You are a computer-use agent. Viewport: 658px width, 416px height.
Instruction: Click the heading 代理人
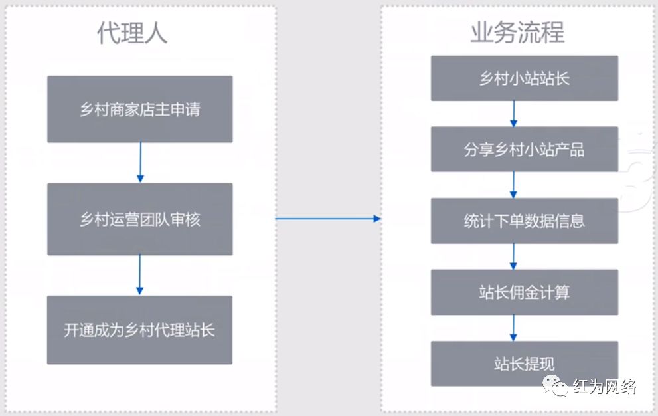point(133,33)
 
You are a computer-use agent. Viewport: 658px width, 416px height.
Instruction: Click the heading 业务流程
point(517,33)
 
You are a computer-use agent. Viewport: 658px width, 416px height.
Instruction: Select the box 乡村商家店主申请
point(139,109)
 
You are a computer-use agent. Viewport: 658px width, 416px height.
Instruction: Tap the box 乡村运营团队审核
point(139,219)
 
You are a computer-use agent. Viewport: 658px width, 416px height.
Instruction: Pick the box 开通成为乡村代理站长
point(139,330)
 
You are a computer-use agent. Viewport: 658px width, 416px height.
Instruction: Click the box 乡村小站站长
point(525,78)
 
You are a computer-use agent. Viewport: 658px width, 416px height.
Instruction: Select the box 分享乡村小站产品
point(525,150)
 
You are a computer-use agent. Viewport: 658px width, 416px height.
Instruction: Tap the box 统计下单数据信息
point(525,221)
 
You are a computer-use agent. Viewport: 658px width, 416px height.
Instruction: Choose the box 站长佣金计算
point(525,292)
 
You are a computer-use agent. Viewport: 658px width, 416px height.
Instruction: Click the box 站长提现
point(525,364)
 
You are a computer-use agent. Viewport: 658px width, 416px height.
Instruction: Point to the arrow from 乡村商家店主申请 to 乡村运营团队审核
point(139,163)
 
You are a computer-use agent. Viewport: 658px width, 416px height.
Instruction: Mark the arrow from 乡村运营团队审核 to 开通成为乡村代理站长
point(139,275)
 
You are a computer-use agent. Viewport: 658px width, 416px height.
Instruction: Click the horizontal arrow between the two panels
point(328,219)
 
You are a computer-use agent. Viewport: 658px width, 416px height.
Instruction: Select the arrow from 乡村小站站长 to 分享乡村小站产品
point(513,114)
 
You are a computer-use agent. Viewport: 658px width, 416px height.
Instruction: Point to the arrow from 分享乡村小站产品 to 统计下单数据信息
point(513,185)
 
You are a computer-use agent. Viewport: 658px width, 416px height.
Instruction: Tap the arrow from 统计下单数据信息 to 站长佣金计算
point(513,256)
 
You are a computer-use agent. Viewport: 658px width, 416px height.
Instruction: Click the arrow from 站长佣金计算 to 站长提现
point(513,328)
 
